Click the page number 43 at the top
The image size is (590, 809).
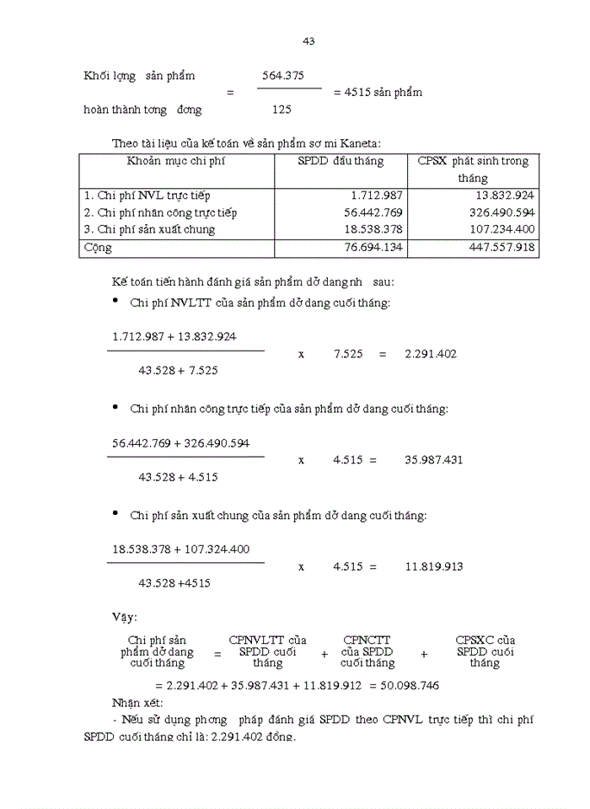point(308,41)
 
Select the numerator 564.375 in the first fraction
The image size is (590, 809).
point(282,76)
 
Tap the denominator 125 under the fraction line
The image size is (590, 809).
point(282,110)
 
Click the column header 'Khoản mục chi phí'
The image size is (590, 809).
point(176,161)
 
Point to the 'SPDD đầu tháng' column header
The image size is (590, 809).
point(341,161)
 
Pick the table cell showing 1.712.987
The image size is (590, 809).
point(377,196)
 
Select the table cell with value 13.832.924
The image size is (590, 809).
point(504,196)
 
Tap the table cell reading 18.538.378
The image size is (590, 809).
point(373,229)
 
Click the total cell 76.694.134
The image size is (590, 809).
point(373,248)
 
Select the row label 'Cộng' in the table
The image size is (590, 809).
point(97,248)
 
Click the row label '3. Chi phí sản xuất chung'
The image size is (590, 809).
point(149,229)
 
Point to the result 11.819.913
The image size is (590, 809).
point(433,567)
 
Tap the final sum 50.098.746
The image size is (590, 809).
point(409,686)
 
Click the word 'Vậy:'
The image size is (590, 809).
point(124,618)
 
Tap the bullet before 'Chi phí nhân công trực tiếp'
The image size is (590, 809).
point(115,407)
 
